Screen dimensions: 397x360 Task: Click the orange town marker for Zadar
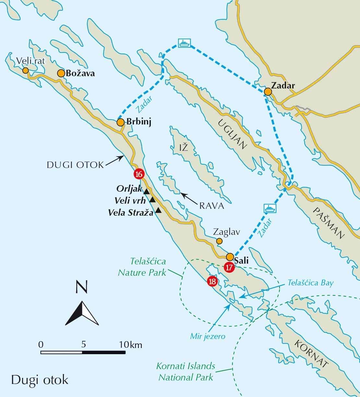[268, 92]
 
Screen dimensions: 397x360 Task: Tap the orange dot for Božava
[61, 73]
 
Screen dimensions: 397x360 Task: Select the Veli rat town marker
[25, 70]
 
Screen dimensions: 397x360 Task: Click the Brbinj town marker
[120, 122]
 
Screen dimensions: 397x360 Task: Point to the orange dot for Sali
[230, 257]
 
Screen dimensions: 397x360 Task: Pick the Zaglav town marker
[220, 241]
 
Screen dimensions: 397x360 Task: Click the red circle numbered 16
[138, 174]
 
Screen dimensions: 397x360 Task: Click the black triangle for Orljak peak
[146, 191]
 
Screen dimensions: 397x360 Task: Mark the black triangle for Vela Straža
[158, 211]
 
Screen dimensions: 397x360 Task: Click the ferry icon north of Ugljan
[184, 43]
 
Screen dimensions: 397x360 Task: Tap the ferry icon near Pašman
[270, 208]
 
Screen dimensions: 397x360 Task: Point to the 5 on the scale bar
[83, 344]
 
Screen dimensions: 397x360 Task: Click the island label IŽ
[184, 148]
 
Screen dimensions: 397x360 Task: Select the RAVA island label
[212, 206]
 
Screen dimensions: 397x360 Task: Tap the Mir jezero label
[208, 336]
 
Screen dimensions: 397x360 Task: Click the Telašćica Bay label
[310, 283]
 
